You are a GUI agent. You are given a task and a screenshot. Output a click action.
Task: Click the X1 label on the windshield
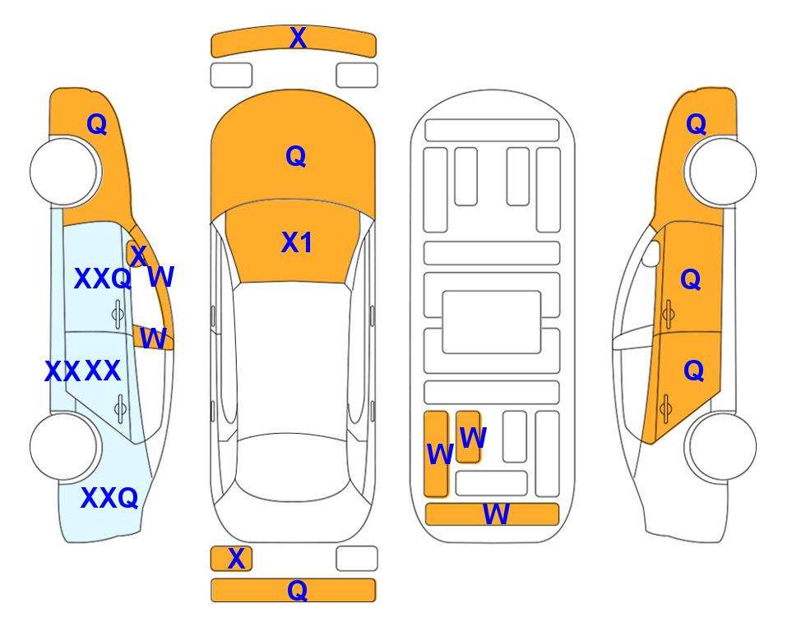297,242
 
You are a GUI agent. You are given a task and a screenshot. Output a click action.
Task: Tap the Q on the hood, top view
296,156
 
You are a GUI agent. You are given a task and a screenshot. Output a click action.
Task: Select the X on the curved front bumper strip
298,37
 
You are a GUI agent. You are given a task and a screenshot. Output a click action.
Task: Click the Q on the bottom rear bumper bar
298,590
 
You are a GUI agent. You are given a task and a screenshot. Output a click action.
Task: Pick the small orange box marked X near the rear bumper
231,559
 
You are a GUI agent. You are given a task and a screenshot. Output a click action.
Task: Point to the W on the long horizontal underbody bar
496,514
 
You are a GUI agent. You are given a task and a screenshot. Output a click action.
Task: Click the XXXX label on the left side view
82,371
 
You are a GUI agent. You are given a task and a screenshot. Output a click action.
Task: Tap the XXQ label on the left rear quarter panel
109,498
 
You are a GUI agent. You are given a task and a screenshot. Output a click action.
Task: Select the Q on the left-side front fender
97,124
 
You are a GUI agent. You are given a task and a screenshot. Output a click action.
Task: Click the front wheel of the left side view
64,171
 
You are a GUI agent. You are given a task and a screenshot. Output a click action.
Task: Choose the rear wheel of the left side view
64,446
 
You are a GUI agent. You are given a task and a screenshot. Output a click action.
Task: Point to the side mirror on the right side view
651,253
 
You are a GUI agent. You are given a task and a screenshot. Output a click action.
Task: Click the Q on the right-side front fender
696,124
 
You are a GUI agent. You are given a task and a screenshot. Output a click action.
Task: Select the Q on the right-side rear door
694,371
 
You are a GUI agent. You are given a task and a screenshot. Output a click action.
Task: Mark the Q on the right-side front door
691,279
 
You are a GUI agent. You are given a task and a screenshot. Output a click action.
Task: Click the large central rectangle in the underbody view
492,322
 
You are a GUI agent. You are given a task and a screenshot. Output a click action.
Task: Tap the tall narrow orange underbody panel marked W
436,454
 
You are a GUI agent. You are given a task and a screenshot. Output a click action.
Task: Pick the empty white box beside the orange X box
357,559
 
